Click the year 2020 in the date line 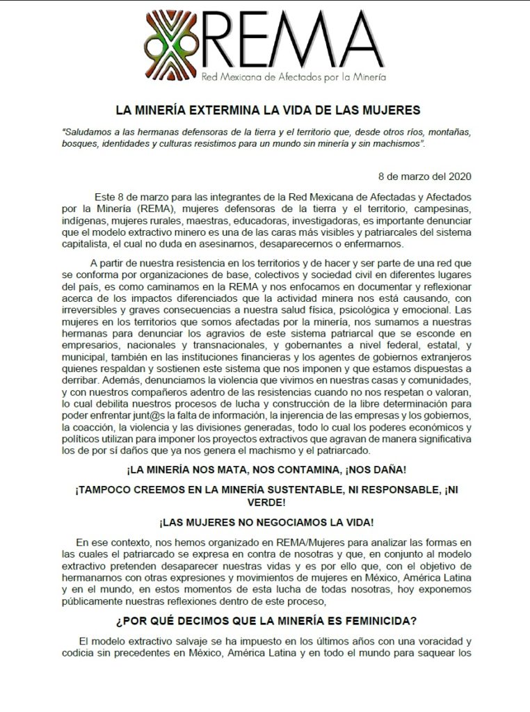click(458, 176)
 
